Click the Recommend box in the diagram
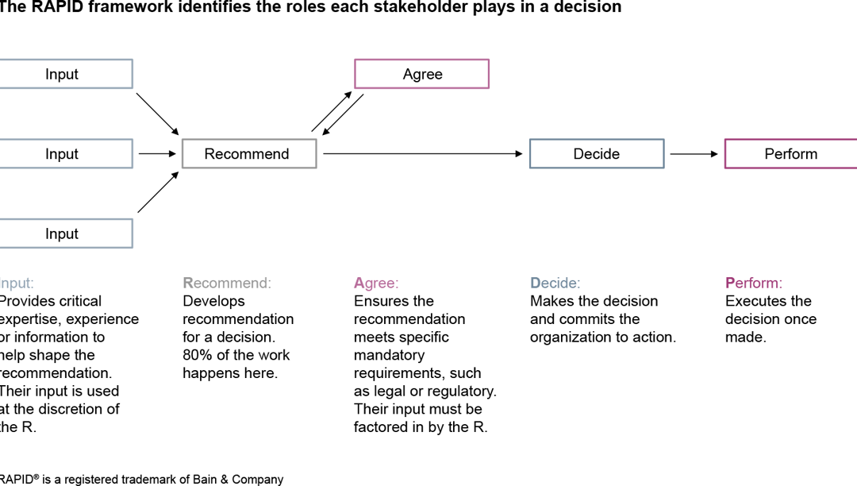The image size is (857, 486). [249, 154]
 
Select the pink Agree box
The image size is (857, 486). [421, 74]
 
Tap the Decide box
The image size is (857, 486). [597, 154]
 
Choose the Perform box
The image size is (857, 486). [790, 154]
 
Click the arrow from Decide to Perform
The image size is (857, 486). [694, 154]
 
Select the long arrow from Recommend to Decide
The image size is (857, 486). [423, 154]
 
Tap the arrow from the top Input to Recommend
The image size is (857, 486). [158, 113]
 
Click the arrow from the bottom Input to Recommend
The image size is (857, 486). [158, 192]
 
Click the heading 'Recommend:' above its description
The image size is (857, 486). [227, 283]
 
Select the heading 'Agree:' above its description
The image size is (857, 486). [376, 283]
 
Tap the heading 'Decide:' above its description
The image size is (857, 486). [555, 283]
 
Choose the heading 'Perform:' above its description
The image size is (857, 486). [753, 283]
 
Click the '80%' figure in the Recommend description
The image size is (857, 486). [198, 355]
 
